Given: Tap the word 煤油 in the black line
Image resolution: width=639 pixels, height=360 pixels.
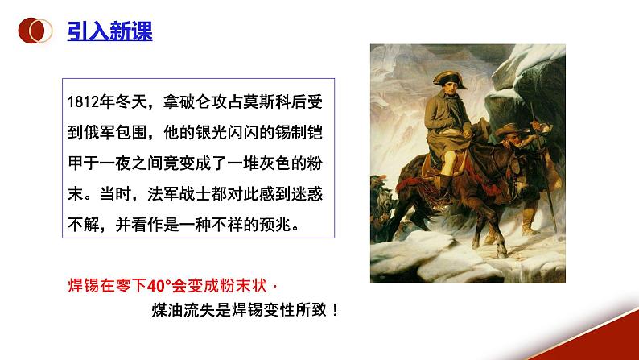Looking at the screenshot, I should coord(167,310).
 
